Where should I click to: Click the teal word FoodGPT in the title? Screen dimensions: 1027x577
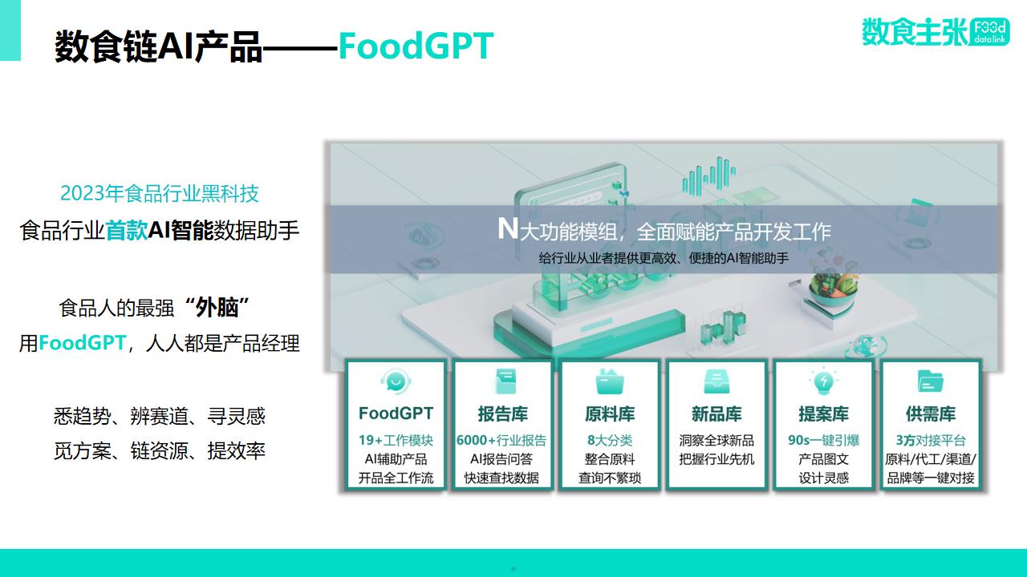(x=416, y=46)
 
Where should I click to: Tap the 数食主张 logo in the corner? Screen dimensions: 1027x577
(x=936, y=31)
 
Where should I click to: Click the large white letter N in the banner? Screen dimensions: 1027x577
(x=508, y=228)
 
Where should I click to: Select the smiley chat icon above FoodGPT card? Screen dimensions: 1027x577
(x=396, y=381)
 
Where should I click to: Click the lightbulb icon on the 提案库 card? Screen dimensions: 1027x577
(x=823, y=381)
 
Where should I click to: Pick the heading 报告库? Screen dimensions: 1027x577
(x=502, y=414)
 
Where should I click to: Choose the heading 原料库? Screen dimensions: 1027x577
(x=610, y=414)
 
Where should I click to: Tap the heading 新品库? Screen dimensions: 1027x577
(x=716, y=414)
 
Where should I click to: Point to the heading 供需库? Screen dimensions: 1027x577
(x=931, y=414)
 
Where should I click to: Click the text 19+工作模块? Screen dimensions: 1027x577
(x=396, y=440)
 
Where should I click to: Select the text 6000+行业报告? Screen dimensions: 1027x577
(x=501, y=440)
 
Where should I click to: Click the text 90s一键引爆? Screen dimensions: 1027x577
(x=823, y=440)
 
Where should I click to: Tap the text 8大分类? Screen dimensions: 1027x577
(x=610, y=440)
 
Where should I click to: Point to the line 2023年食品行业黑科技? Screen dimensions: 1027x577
(x=160, y=193)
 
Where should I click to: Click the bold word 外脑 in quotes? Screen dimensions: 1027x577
(x=217, y=308)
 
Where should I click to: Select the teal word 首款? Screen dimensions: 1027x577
(x=127, y=230)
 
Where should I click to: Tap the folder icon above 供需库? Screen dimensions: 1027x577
(x=930, y=381)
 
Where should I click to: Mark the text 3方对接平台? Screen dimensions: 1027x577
(x=931, y=440)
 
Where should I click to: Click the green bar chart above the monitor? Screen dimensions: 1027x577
(x=708, y=175)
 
